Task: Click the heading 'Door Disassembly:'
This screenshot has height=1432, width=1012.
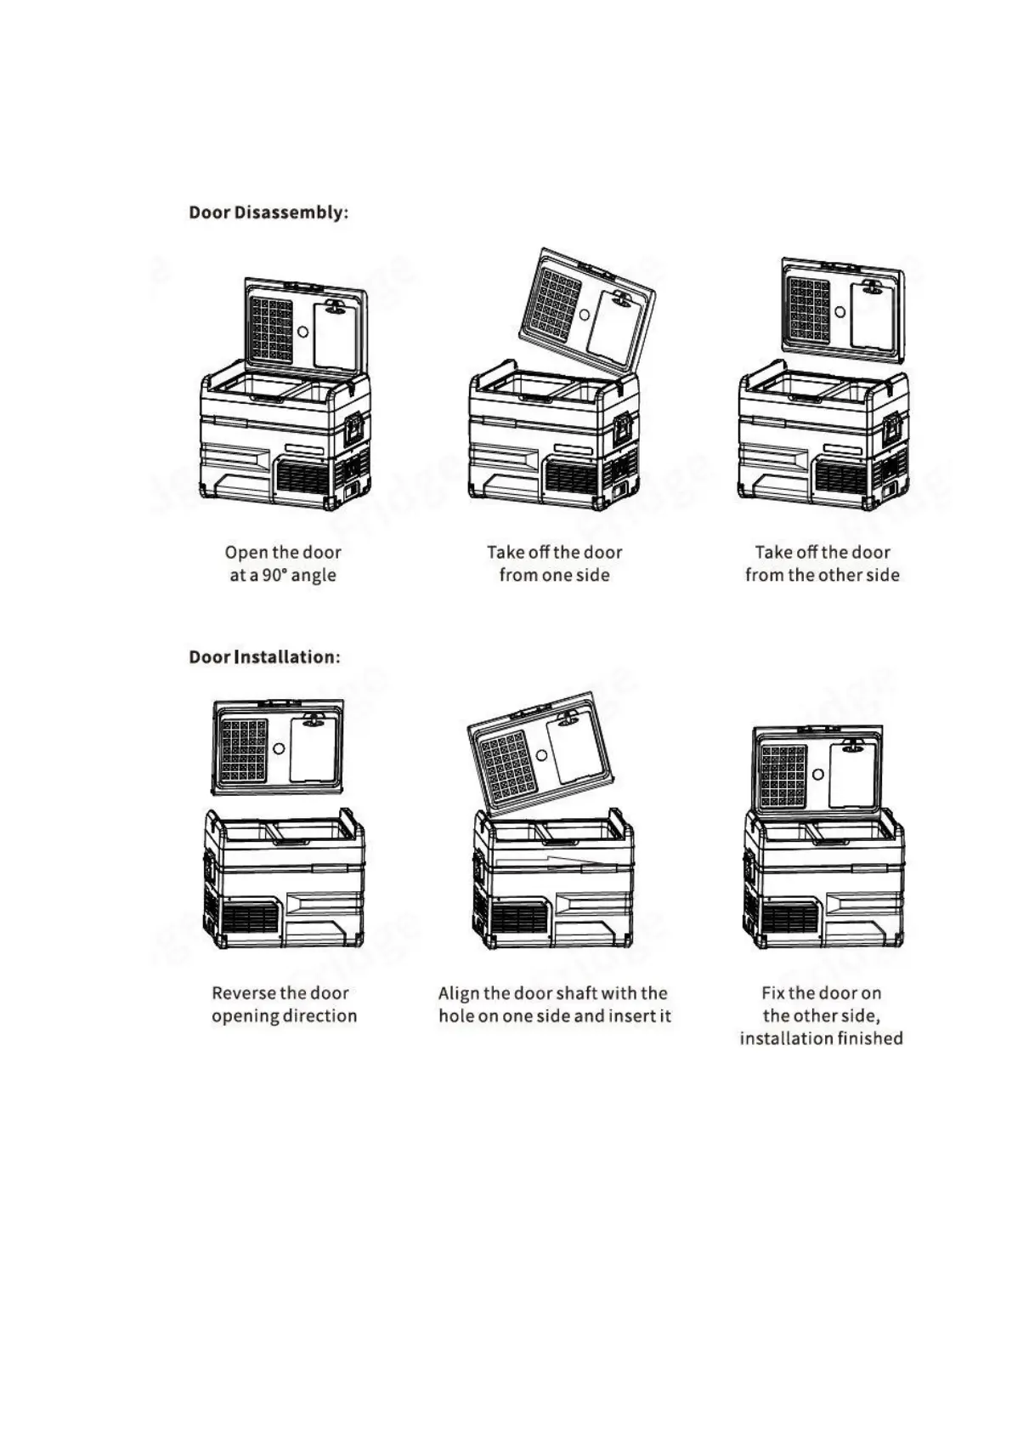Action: pos(269,213)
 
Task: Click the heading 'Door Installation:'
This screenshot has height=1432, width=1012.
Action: pos(264,657)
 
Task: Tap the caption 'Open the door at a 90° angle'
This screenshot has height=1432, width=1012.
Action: pos(283,564)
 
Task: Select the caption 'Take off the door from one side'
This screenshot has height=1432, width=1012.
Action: pos(554,564)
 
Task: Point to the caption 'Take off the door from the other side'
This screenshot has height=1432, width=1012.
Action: pos(822,564)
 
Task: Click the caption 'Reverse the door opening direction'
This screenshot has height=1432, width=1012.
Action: pos(284,1004)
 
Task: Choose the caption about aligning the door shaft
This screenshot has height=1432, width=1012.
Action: pos(554,1004)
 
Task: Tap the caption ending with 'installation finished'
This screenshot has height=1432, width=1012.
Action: pos(821,1015)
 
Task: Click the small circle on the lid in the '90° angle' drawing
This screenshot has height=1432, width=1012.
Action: pos(303,332)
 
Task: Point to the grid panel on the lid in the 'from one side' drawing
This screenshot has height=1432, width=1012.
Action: pos(555,303)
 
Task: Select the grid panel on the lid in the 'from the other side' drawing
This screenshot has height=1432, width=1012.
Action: pos(809,310)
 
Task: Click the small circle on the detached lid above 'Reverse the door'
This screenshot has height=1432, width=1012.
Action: pos(280,749)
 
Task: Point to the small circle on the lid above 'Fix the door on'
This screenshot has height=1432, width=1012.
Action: pos(817,775)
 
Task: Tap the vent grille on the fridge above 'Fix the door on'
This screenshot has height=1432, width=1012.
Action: pos(790,918)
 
